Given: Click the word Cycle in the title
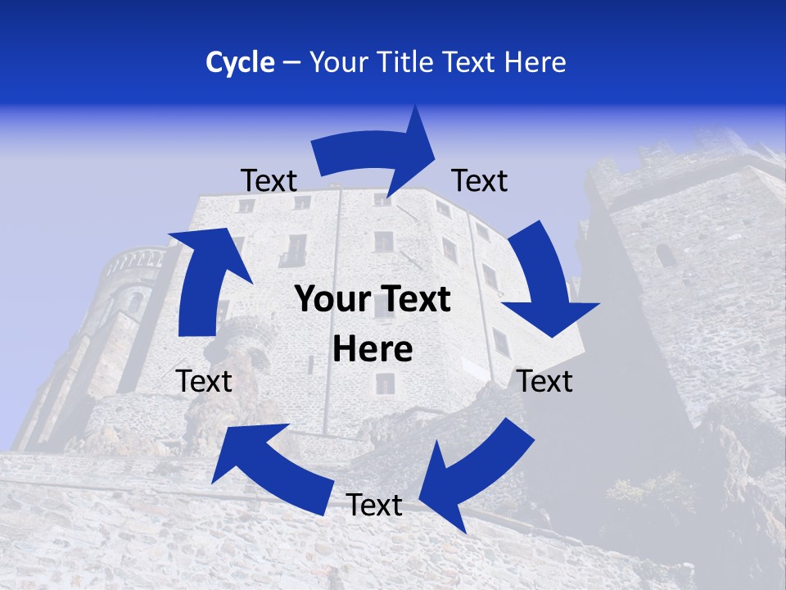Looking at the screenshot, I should pyautogui.click(x=240, y=62).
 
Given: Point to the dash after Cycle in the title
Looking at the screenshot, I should pyautogui.click(x=291, y=62).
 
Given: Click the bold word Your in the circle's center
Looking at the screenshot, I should pyautogui.click(x=332, y=300).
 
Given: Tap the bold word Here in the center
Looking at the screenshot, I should pyautogui.click(x=373, y=349).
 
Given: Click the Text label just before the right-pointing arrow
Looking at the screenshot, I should pyautogui.click(x=269, y=181).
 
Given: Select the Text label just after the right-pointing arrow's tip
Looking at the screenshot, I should pyautogui.click(x=480, y=181).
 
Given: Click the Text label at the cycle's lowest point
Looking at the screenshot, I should pyautogui.click(x=374, y=505).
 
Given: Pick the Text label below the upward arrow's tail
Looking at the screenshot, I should pyautogui.click(x=204, y=381).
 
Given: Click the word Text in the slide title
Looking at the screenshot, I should pyautogui.click(x=472, y=62).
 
